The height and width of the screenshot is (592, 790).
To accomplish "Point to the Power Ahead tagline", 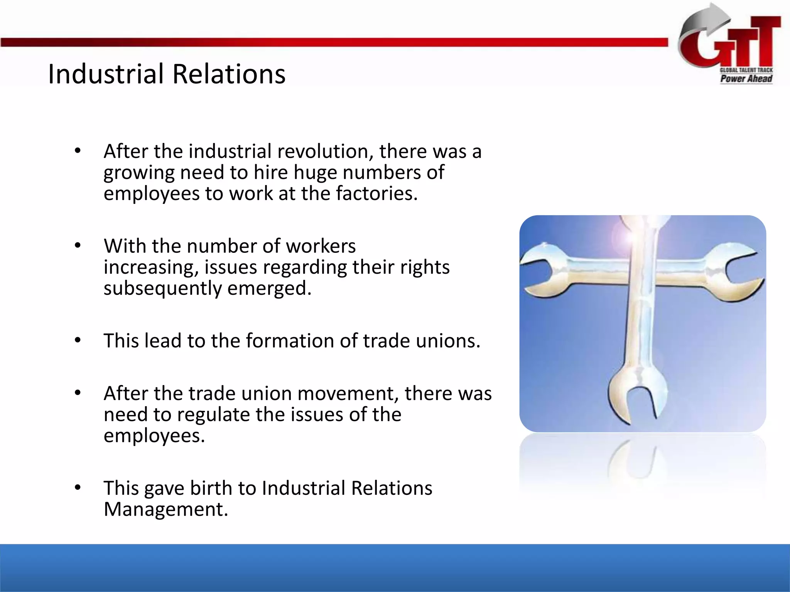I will tap(746, 79).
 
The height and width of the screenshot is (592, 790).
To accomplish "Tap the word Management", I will tap(166, 509).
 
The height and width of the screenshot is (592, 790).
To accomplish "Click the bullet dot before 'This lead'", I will tap(78, 340).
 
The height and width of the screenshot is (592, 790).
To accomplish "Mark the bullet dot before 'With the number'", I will tap(78, 246).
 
